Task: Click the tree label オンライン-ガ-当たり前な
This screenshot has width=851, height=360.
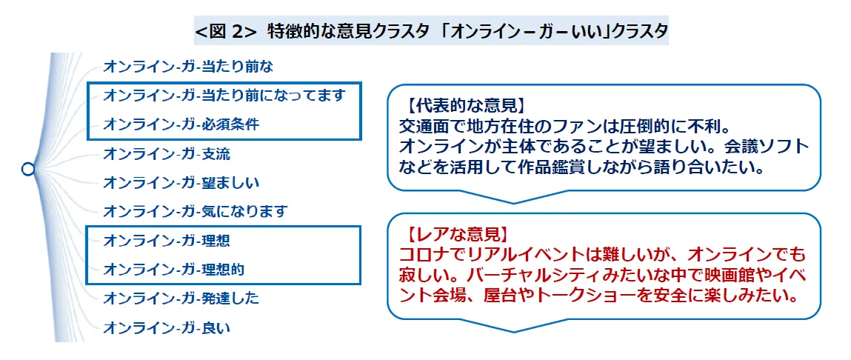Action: [x=188, y=67]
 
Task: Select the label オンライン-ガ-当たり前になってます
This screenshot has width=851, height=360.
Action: [x=224, y=95]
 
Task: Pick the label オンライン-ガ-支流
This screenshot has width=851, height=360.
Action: [x=167, y=153]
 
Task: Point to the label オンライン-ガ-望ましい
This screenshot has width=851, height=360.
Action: [x=181, y=182]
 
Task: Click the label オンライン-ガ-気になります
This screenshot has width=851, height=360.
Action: [x=194, y=211]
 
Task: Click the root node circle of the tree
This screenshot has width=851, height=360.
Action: [x=28, y=169]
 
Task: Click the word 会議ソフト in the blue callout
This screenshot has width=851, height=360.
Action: [x=770, y=143]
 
